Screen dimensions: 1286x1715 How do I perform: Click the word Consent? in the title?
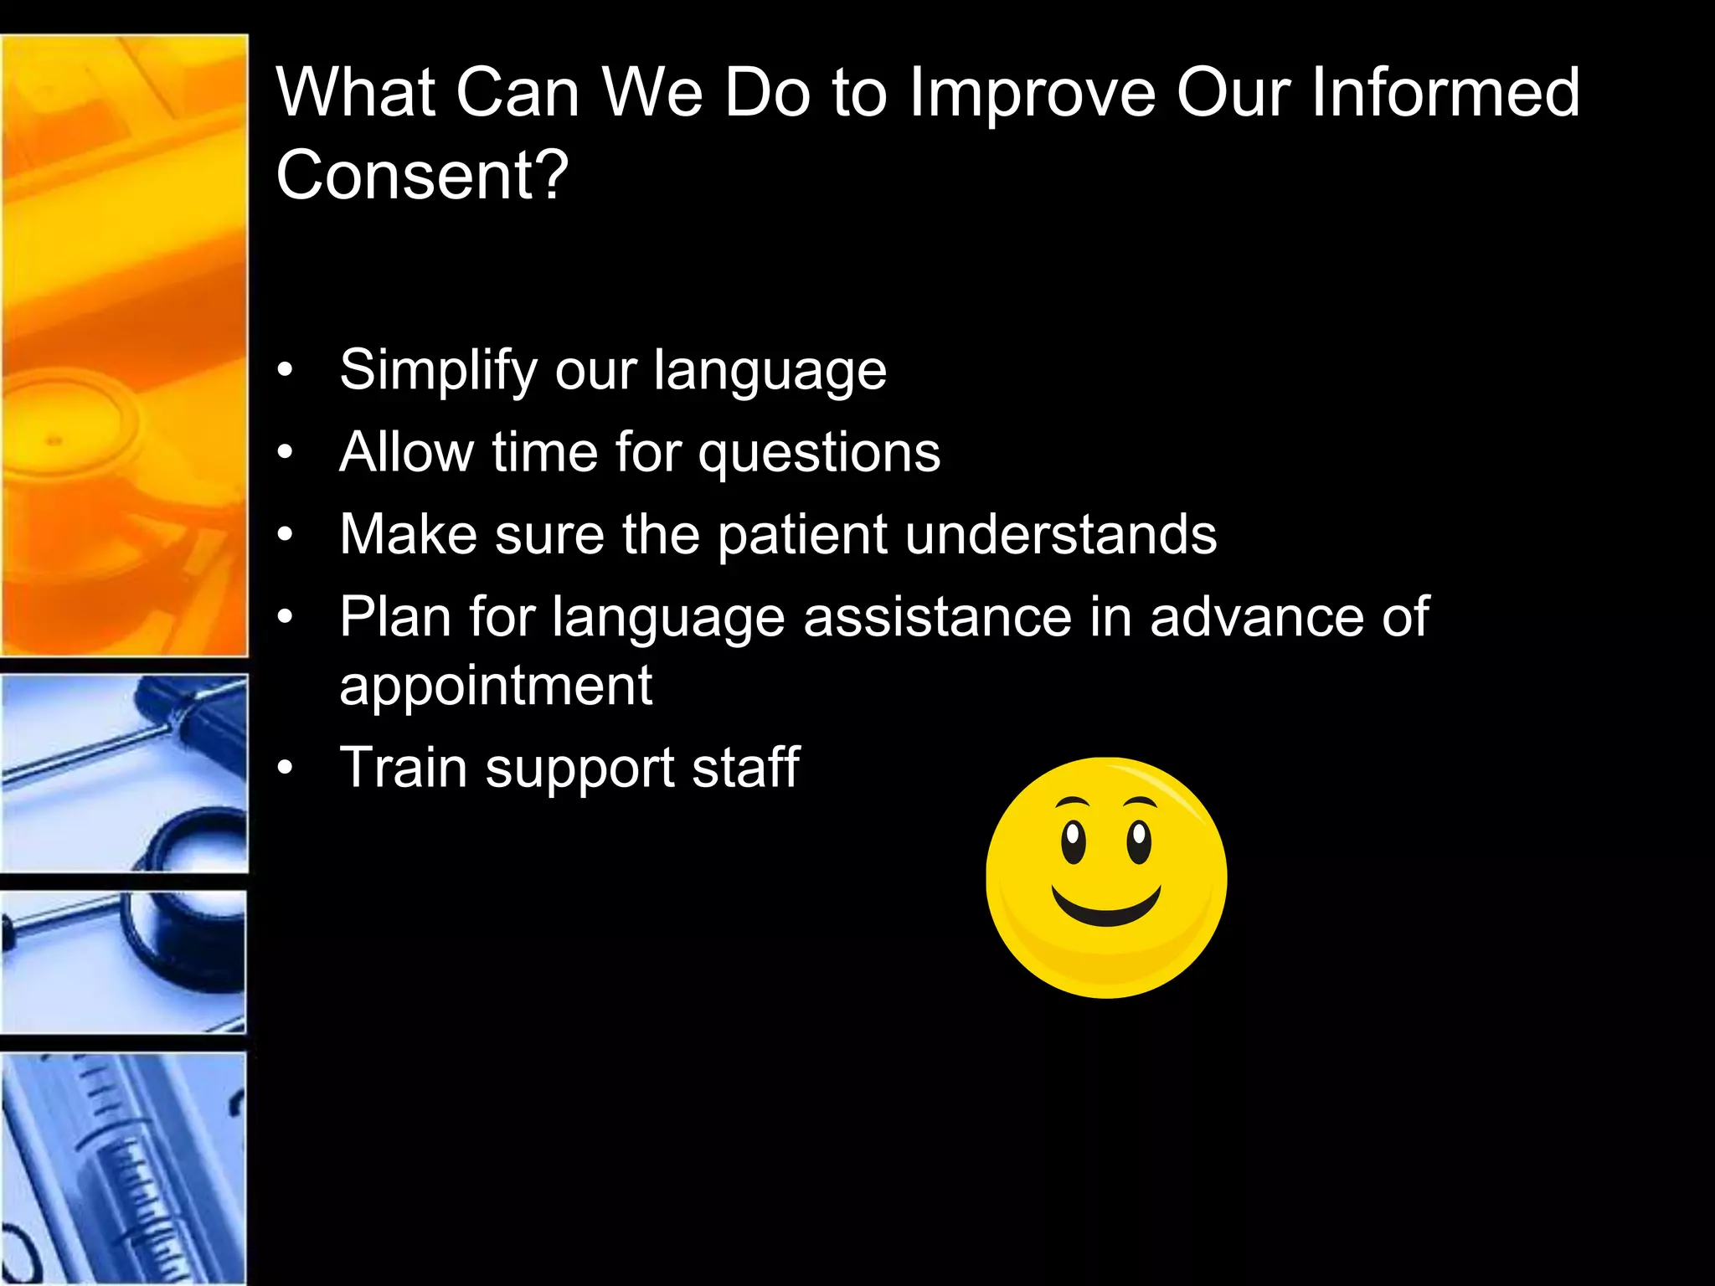point(422,174)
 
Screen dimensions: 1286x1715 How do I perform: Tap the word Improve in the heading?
point(1032,94)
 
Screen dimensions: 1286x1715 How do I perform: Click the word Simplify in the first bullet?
point(439,370)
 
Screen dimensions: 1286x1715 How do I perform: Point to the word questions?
point(819,454)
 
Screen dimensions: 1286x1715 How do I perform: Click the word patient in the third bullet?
point(802,536)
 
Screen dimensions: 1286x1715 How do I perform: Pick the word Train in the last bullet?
point(403,767)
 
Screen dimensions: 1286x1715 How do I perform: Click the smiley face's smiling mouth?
point(1105,909)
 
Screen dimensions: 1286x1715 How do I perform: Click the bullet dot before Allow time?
point(286,453)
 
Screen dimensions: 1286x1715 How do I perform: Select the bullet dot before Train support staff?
point(286,768)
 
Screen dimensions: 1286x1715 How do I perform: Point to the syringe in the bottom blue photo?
point(126,1172)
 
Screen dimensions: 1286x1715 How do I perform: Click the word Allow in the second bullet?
point(406,453)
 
